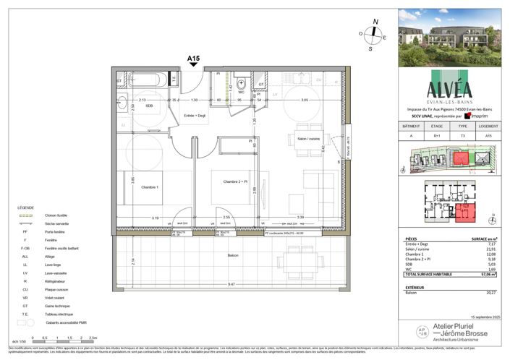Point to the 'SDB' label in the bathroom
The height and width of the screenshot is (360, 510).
point(149,106)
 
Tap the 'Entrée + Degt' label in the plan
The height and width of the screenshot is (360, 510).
point(195,116)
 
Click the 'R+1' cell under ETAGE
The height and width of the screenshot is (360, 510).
point(437,135)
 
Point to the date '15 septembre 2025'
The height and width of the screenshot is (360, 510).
point(485,317)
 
